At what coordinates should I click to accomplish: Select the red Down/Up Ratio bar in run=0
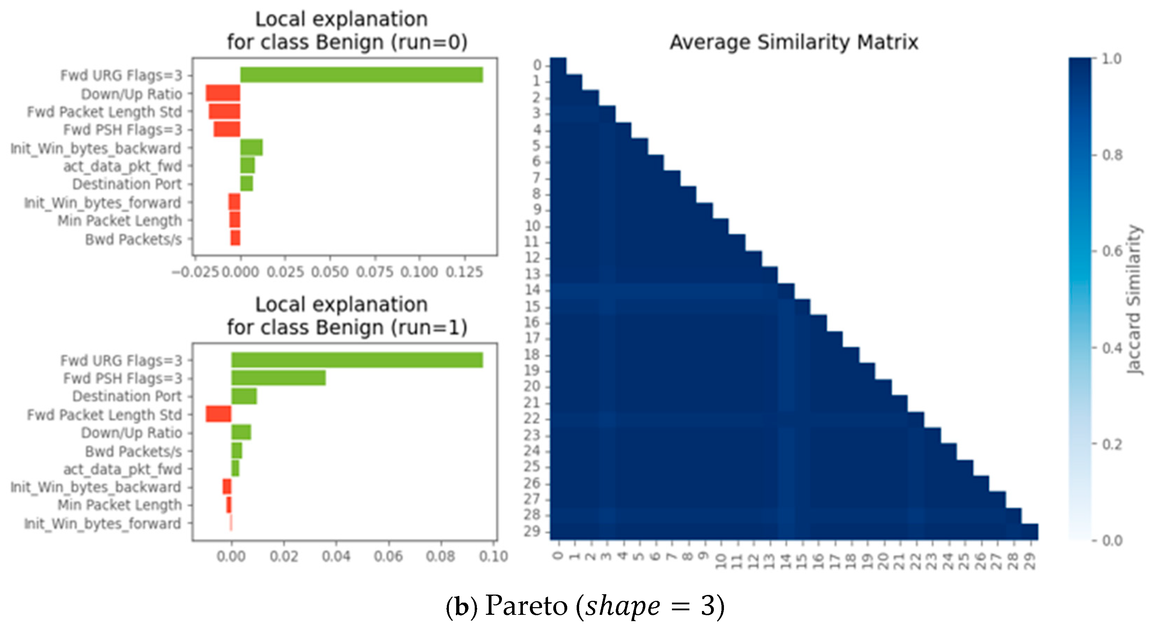click(223, 93)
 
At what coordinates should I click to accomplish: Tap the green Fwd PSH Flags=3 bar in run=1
click(278, 378)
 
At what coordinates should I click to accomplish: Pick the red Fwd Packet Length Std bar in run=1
click(218, 414)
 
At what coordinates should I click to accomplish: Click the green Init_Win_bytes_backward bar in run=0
click(251, 147)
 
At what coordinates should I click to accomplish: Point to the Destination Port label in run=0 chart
click(127, 184)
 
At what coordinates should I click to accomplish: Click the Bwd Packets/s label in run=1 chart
click(133, 451)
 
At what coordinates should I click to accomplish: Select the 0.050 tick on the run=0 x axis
click(330, 272)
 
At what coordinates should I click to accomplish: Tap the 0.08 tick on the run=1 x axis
click(441, 557)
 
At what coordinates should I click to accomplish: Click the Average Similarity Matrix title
click(794, 43)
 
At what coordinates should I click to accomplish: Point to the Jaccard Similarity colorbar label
click(1133, 299)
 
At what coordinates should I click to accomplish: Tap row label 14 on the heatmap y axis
click(533, 290)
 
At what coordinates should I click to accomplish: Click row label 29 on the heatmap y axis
click(533, 531)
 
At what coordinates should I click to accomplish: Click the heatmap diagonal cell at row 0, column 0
click(558, 65)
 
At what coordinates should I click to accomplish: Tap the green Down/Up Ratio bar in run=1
click(241, 433)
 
